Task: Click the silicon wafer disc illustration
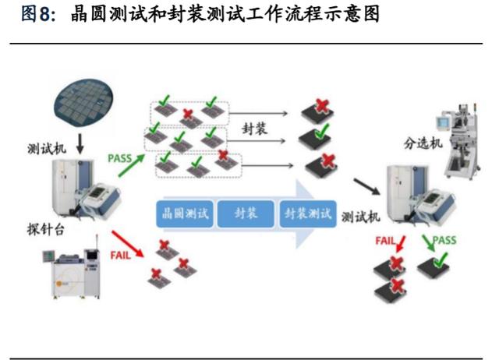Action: point(83,102)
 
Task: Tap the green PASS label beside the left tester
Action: point(119,158)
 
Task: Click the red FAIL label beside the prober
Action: point(120,255)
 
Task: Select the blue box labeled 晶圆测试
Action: point(185,214)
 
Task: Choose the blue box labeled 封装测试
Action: point(308,214)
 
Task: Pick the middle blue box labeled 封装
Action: point(246,214)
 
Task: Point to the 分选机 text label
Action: point(423,143)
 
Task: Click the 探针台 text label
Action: point(46,229)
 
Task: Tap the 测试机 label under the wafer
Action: point(47,149)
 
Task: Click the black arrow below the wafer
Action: point(80,143)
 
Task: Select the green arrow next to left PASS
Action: point(132,165)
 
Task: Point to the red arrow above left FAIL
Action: point(127,244)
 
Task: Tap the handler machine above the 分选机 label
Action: point(459,141)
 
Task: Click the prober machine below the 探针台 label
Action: point(73,268)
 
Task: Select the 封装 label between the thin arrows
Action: point(254,129)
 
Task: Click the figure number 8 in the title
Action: point(45,14)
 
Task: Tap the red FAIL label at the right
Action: point(385,241)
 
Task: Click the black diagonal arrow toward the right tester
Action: point(367,186)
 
